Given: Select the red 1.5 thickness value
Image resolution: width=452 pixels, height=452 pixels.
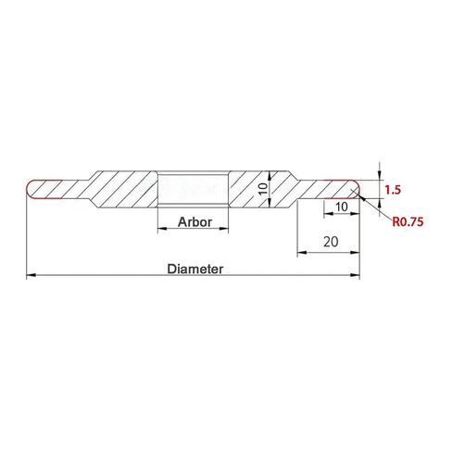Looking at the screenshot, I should tap(393, 189).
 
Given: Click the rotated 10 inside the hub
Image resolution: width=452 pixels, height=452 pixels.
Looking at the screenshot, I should tap(262, 188).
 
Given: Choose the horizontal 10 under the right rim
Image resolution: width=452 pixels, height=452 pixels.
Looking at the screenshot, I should tap(342, 207).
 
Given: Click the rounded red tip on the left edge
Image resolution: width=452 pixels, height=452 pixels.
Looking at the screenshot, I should tap(29, 189).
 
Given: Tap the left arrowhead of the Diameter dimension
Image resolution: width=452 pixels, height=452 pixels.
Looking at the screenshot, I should tap(30, 275).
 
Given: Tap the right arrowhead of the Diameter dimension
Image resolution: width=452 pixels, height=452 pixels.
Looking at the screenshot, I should tap(357, 275).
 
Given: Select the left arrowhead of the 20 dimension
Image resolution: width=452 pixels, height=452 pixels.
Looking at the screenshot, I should tap(298, 256).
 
